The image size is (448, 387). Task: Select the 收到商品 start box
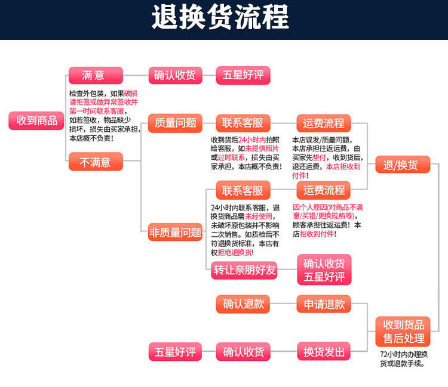tap(36, 120)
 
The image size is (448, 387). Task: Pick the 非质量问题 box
tap(175, 232)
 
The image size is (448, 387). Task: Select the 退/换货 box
tap(403, 165)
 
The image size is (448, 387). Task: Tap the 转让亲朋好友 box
tap(245, 270)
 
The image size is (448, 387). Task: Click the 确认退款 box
tap(243, 304)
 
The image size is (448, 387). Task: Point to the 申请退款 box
tap(324, 304)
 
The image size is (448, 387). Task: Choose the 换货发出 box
tap(324, 352)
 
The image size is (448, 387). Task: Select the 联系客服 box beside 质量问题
tap(243, 123)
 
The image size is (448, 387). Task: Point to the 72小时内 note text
tap(404, 358)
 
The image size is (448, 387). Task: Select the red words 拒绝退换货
tap(239, 252)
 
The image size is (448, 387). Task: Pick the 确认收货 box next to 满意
tap(175, 76)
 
